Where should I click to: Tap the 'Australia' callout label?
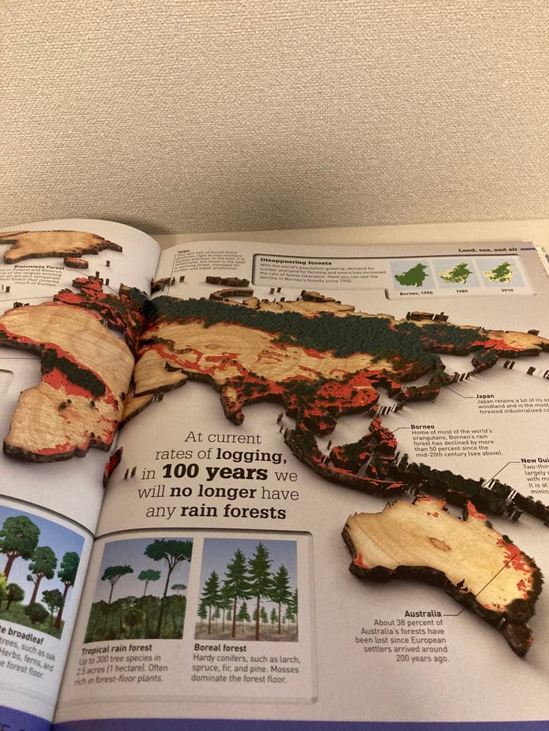point(423,613)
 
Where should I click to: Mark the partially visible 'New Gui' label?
point(535,460)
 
